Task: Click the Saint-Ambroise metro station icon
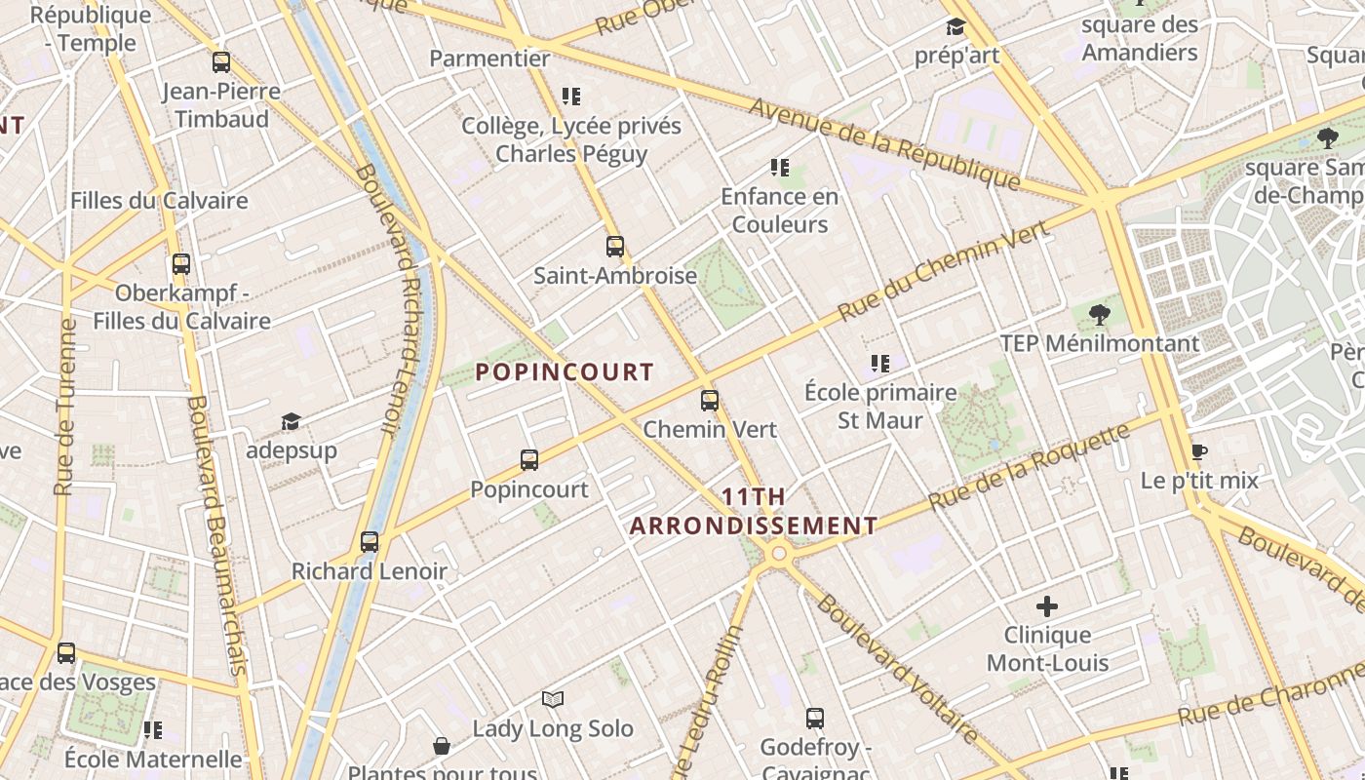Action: [x=614, y=246]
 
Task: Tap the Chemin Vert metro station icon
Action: [x=710, y=400]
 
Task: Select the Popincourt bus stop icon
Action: [x=529, y=459]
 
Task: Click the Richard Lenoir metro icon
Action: [x=369, y=542]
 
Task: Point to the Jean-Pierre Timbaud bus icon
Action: [x=221, y=62]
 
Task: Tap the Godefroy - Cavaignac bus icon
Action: [x=815, y=719]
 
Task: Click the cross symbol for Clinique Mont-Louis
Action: [x=1047, y=606]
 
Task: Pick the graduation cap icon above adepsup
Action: [x=291, y=421]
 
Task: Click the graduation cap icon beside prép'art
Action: [x=955, y=26]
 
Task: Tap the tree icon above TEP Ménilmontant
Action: [x=1100, y=314]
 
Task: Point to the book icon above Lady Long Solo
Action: [x=553, y=699]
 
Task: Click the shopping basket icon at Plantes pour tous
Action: [x=442, y=746]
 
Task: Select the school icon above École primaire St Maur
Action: [x=880, y=364]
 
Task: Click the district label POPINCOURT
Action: [x=565, y=371]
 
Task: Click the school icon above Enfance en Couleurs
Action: [x=779, y=168]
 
